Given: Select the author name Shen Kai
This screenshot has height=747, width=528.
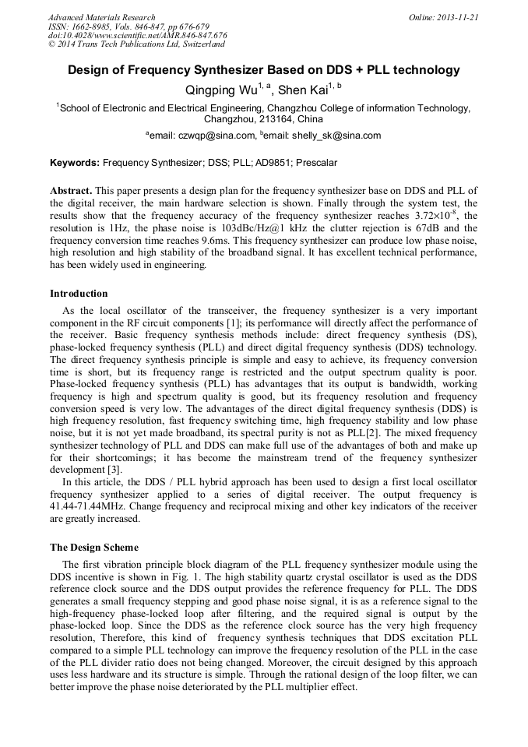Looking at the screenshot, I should pos(302,90).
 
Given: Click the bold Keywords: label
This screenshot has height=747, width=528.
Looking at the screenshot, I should pos(75,164).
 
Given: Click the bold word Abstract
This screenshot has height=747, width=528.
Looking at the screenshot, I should pos(71,191).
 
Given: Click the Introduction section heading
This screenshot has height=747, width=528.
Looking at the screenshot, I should pos(79,294).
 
